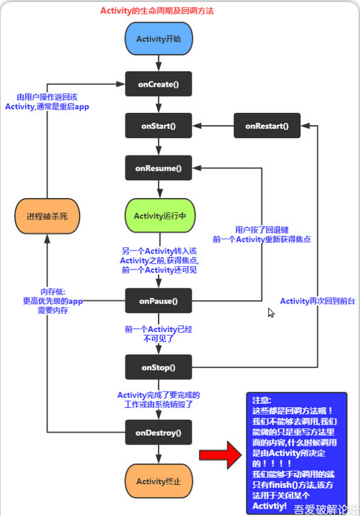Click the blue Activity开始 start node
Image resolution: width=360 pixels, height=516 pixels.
coord(158,39)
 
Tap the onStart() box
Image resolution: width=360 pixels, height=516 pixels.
coord(158,125)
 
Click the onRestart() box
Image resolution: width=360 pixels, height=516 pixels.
coord(266,125)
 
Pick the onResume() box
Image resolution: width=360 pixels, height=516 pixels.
coord(158,168)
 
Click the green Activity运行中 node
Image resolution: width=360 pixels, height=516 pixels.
coord(158,216)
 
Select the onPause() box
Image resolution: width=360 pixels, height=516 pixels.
coord(158,301)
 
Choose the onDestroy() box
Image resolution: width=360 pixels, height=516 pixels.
coord(158,432)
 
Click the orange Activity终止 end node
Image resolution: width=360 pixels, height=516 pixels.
coord(158,481)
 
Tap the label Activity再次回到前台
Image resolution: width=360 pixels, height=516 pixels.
coord(318,301)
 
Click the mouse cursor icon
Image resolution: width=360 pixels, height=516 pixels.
coord(271,312)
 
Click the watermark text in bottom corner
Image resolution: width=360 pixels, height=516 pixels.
coord(325,509)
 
